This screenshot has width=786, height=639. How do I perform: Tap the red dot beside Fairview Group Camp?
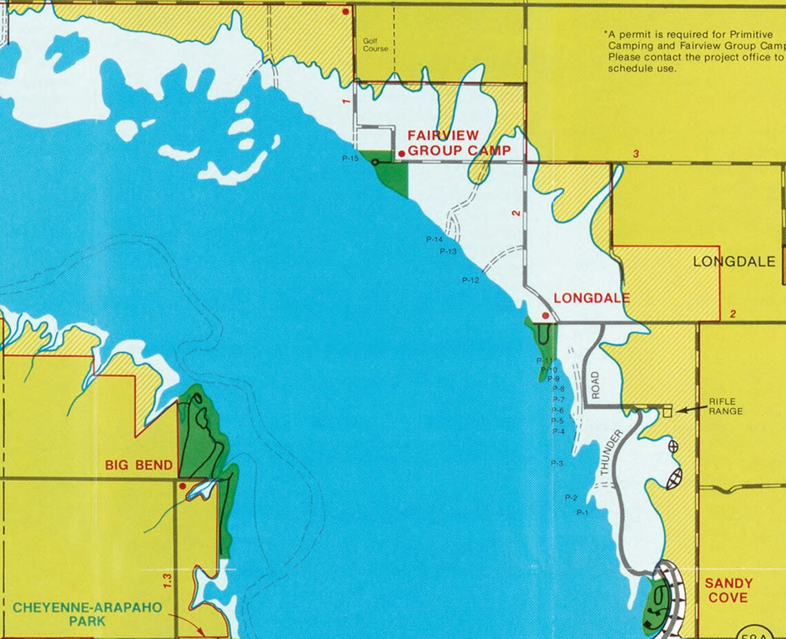coord(401,154)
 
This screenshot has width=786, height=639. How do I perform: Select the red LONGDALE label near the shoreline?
coord(592,298)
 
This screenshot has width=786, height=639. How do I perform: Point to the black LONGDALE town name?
coord(734,262)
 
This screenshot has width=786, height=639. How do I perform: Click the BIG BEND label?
coord(139,465)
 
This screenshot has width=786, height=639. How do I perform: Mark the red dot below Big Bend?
coord(182,486)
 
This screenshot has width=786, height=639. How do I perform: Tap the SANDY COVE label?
coord(728,590)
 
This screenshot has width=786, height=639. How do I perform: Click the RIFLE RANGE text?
coord(725,407)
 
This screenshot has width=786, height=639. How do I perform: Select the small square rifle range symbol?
coord(667,412)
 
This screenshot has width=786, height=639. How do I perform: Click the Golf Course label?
coord(375,45)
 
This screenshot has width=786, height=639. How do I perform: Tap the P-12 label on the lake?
coord(470,281)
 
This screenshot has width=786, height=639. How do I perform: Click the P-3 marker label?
coord(556,463)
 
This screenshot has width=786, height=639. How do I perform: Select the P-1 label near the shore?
coord(582,513)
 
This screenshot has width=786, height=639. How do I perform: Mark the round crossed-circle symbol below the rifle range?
coord(673,447)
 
